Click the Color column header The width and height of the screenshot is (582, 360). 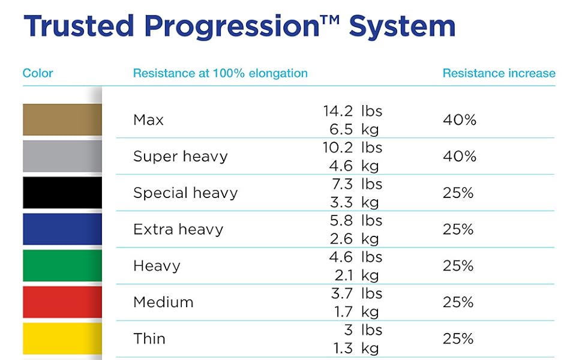pyautogui.click(x=38, y=73)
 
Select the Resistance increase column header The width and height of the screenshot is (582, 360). pyautogui.click(x=499, y=73)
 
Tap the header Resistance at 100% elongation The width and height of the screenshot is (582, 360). pyautogui.click(x=220, y=73)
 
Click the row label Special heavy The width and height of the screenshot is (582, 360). pyautogui.click(x=185, y=193)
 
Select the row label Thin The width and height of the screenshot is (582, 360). pyautogui.click(x=149, y=339)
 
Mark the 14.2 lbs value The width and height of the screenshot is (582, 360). pyautogui.click(x=352, y=111)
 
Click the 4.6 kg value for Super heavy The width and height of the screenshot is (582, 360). pyautogui.click(x=355, y=166)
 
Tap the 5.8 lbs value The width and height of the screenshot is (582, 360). pyautogui.click(x=356, y=220)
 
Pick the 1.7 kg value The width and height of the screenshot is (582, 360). pyautogui.click(x=355, y=312)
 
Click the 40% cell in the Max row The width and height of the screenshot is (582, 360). pyautogui.click(x=459, y=120)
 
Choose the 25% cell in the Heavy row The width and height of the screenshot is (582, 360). pyautogui.click(x=458, y=266)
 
